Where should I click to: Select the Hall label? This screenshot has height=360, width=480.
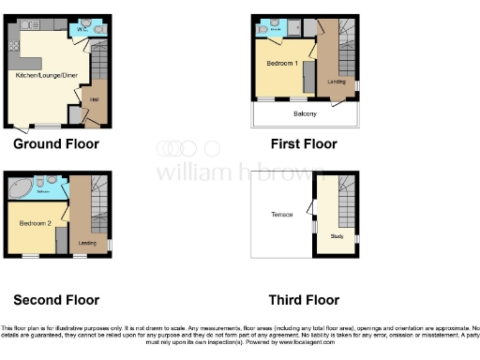[x=95, y=97]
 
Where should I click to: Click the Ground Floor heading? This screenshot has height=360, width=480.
[x=55, y=144]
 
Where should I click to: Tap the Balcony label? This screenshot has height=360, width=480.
[x=305, y=114]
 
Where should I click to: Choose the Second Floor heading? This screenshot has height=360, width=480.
[x=55, y=300]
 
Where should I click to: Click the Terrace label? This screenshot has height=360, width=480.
[x=281, y=215]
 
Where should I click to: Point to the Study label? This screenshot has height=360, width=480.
[x=337, y=235]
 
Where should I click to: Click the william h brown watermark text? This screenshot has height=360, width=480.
[x=239, y=172]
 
